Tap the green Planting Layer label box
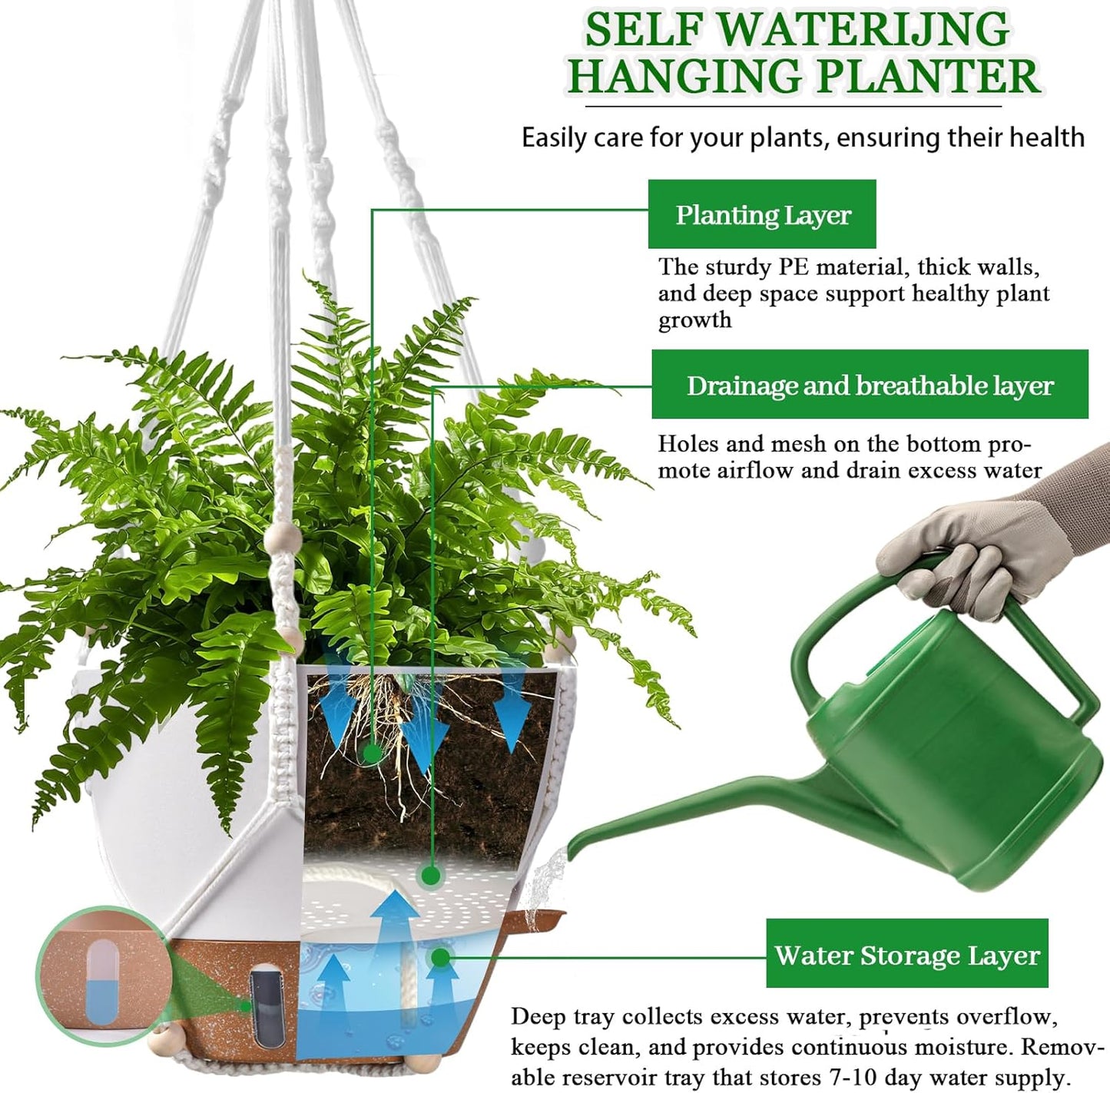pos(762,214)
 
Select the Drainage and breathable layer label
pos(870,385)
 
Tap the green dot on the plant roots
pos(373,753)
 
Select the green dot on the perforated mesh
pos(431,875)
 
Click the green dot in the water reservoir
pos(439,957)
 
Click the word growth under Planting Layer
pos(694,320)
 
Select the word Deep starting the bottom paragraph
pos(538,1017)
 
